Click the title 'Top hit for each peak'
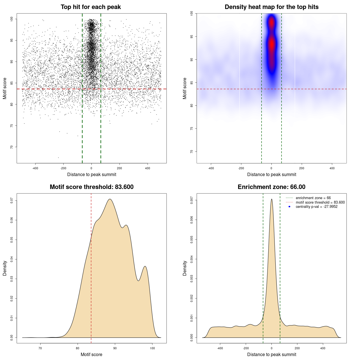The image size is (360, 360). click(x=91, y=7)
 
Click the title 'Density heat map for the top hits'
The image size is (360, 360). click(x=271, y=7)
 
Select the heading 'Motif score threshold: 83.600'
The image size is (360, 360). click(x=91, y=187)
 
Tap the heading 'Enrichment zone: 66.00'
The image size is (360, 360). click(x=271, y=187)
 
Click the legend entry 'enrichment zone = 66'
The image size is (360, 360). click(x=313, y=198)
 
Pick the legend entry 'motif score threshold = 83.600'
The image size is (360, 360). click(x=320, y=202)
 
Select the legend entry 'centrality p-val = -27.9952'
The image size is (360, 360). click(x=316, y=207)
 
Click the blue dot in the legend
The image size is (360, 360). click(x=289, y=207)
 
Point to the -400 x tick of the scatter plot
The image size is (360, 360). click(x=35, y=168)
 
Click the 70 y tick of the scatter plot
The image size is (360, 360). click(x=12, y=147)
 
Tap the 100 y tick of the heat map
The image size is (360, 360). click(x=192, y=13)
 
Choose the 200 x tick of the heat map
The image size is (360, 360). click(x=302, y=168)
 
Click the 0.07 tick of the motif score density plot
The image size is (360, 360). click(x=12, y=201)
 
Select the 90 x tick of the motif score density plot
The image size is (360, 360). click(x=115, y=348)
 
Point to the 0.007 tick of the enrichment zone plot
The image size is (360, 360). click(x=192, y=201)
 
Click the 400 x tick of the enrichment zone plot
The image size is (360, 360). click(x=323, y=348)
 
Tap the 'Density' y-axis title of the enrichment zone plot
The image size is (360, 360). click(x=185, y=268)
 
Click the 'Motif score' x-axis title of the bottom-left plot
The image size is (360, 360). click(x=91, y=354)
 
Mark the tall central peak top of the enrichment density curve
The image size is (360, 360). click(x=271, y=199)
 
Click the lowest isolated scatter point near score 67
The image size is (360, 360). click(x=58, y=157)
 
